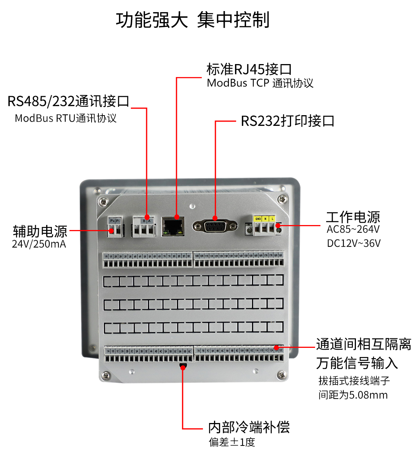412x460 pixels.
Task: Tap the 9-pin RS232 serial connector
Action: (x=215, y=226)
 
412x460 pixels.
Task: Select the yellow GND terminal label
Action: (x=258, y=219)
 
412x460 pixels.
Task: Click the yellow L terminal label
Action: (x=272, y=219)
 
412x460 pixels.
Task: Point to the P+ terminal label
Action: (x=112, y=221)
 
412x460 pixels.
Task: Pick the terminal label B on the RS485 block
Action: (x=144, y=221)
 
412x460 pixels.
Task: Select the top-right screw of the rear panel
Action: (x=282, y=199)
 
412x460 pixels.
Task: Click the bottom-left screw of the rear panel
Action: (x=106, y=376)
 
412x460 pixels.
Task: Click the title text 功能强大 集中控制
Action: (x=193, y=20)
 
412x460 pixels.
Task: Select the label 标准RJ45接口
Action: (x=249, y=69)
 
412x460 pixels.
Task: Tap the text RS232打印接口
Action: (x=288, y=121)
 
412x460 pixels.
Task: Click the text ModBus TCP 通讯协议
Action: (x=260, y=83)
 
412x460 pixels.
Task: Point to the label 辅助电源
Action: (x=40, y=231)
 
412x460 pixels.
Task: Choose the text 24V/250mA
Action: (x=39, y=244)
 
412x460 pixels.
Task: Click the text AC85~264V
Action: (x=353, y=229)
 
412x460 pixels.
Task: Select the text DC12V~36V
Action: (x=354, y=243)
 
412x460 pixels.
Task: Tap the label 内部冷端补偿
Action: (x=249, y=427)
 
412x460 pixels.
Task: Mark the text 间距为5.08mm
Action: (x=353, y=395)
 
